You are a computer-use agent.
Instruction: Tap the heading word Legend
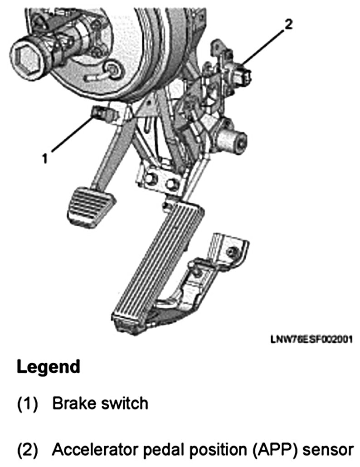(x=49, y=366)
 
